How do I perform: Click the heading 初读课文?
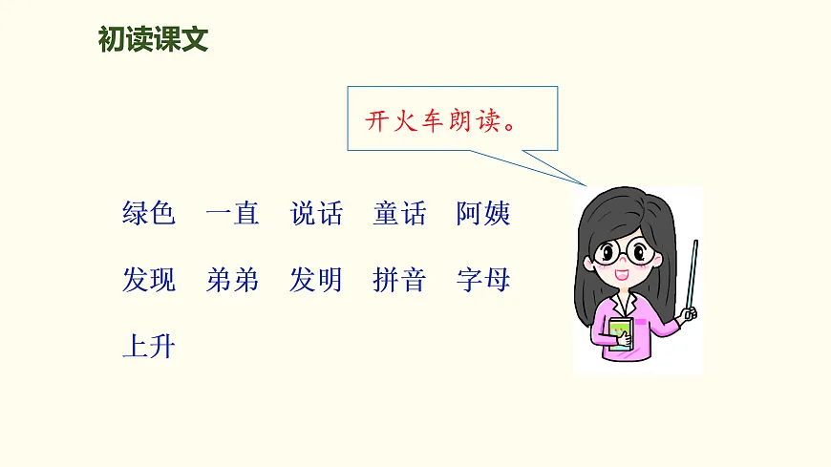coord(153,40)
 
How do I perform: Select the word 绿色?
coord(149,214)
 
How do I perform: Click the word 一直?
coord(233,214)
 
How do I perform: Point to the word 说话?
coord(316,214)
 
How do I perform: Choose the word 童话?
coord(399,214)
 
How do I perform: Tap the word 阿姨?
coord(483,214)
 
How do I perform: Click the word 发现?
coord(149,281)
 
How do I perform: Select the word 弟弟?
coord(233,281)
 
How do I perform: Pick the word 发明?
coord(316,281)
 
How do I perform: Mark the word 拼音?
coord(399,281)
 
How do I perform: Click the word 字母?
coord(483,281)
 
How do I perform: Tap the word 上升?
coord(149,347)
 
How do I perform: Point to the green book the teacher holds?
coord(621,333)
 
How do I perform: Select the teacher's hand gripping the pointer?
coord(688,312)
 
